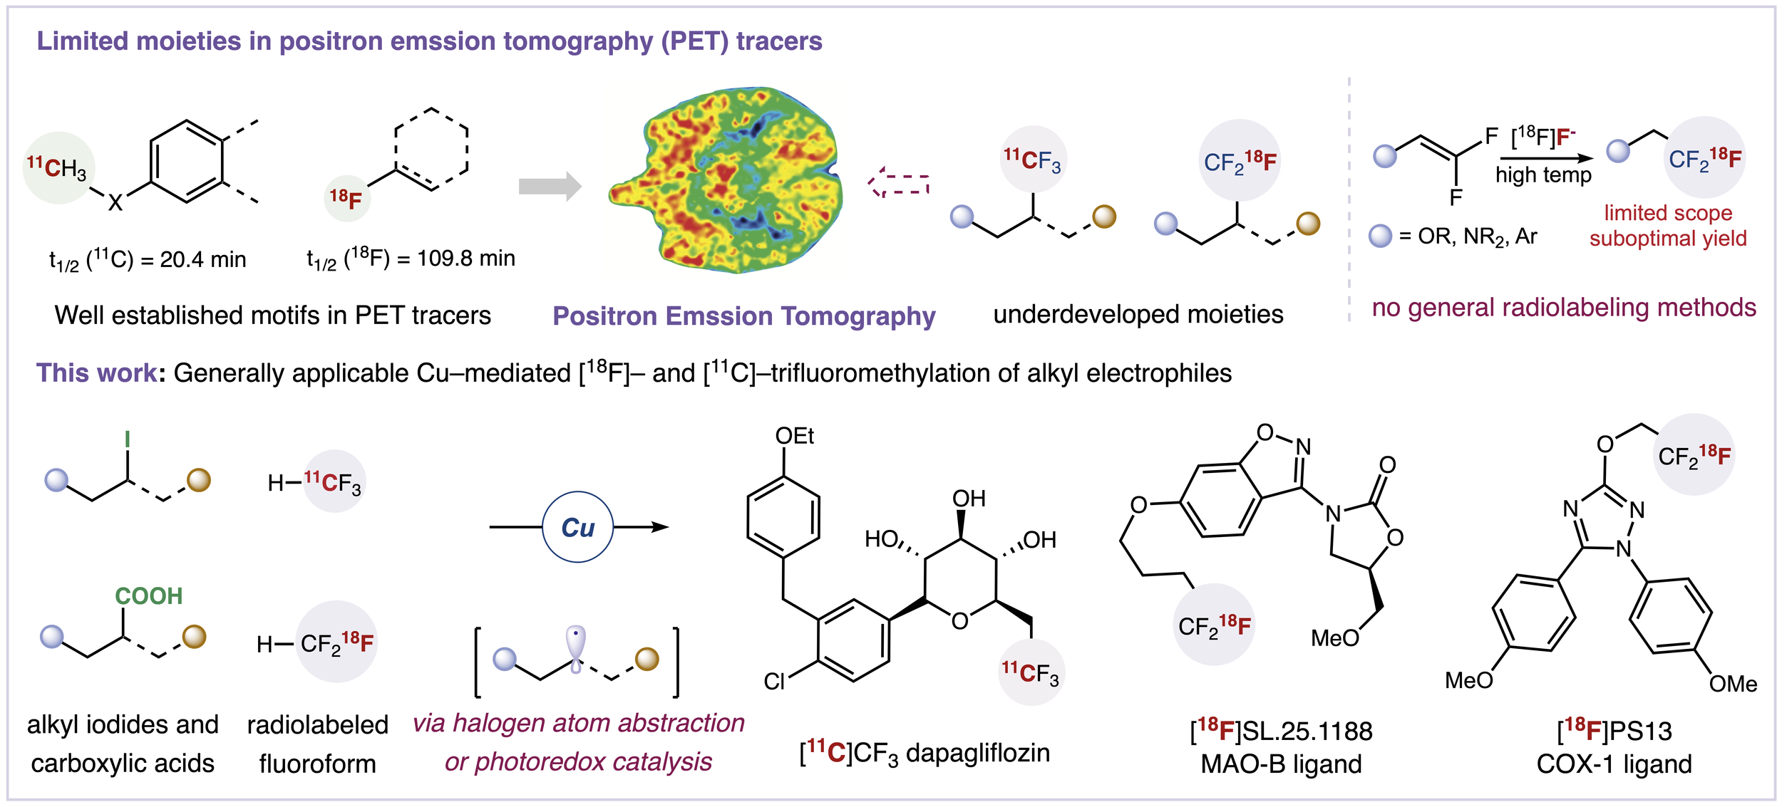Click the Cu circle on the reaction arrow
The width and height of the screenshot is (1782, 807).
click(577, 527)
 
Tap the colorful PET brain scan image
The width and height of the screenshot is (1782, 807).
click(727, 182)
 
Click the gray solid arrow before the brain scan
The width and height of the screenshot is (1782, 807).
click(550, 187)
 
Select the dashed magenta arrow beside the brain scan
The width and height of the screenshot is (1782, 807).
click(899, 183)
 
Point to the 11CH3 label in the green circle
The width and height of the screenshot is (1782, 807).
click(57, 168)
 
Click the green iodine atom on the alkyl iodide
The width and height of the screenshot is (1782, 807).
click(128, 439)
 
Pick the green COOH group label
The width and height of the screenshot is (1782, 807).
click(149, 595)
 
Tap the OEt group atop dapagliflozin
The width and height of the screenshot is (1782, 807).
click(794, 436)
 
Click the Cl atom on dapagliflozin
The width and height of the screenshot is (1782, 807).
click(774, 682)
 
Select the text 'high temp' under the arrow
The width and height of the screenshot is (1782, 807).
click(1543, 175)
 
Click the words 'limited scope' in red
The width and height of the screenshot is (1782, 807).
click(1668, 213)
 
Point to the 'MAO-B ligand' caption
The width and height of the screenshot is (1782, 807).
click(1281, 764)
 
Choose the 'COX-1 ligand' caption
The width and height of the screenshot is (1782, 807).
click(1614, 764)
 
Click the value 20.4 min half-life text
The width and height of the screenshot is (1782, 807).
click(202, 259)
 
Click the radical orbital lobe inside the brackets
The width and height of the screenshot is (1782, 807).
click(575, 645)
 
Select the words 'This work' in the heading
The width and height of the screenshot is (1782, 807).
click(96, 373)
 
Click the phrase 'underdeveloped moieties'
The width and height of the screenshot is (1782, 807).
click(1138, 314)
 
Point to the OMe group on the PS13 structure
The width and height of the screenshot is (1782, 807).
click(1733, 684)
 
